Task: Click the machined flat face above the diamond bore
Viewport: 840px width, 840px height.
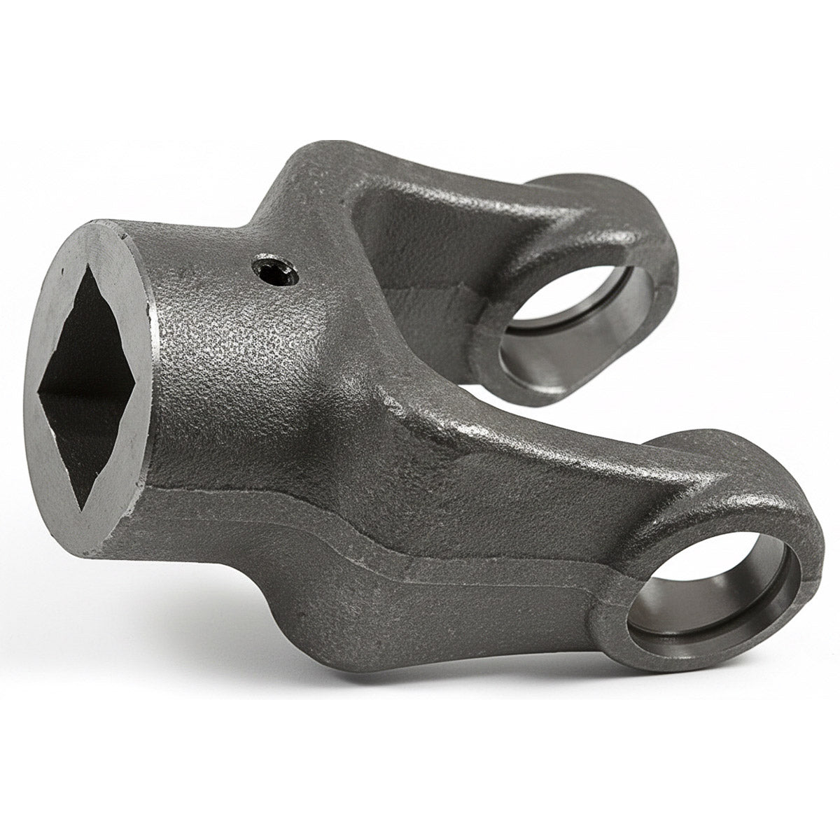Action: [x=87, y=241]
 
